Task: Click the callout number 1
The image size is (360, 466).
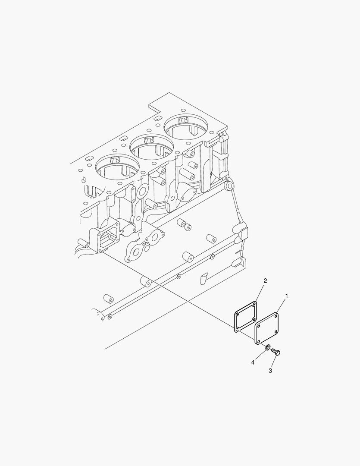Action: [x=287, y=296]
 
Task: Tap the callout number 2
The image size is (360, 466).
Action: [x=265, y=281]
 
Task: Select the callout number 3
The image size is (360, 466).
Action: [x=270, y=370]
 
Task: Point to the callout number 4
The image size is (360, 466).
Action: [x=253, y=362]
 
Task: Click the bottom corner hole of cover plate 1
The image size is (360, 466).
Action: [x=258, y=342]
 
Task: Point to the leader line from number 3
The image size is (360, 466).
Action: [x=273, y=362]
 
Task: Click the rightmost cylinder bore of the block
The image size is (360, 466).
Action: [x=185, y=125]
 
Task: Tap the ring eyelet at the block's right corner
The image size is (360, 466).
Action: [x=230, y=186]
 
